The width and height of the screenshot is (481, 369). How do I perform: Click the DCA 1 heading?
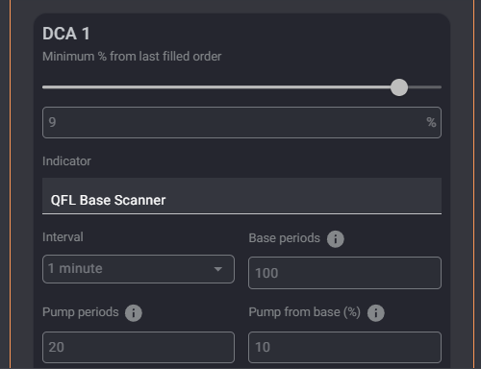click(66, 34)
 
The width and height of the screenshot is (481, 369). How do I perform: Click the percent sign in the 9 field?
click(431, 122)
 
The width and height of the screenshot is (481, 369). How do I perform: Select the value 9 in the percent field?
click(52, 122)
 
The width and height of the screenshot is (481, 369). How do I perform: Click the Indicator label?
click(66, 161)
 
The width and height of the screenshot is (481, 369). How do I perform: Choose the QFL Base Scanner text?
click(109, 200)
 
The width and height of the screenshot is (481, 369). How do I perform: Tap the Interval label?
click(63, 237)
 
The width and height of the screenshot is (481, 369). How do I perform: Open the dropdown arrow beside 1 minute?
click(218, 269)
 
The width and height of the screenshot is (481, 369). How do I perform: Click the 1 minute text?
click(75, 268)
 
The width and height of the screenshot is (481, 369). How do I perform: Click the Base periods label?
click(285, 238)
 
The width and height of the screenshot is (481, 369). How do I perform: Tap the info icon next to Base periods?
click(336, 239)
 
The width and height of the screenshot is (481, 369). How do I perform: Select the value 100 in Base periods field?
click(266, 273)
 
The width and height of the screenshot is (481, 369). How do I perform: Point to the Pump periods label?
click(81, 312)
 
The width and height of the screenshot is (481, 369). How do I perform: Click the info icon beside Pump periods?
click(134, 313)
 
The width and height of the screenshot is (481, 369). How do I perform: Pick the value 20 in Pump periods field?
click(57, 347)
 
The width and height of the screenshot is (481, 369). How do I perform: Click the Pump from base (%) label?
click(305, 312)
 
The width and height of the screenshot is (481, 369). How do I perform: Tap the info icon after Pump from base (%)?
click(376, 313)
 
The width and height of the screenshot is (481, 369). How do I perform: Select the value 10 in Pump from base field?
click(263, 347)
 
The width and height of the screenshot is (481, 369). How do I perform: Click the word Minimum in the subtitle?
click(68, 57)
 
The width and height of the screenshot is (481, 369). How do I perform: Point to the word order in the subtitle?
click(207, 57)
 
